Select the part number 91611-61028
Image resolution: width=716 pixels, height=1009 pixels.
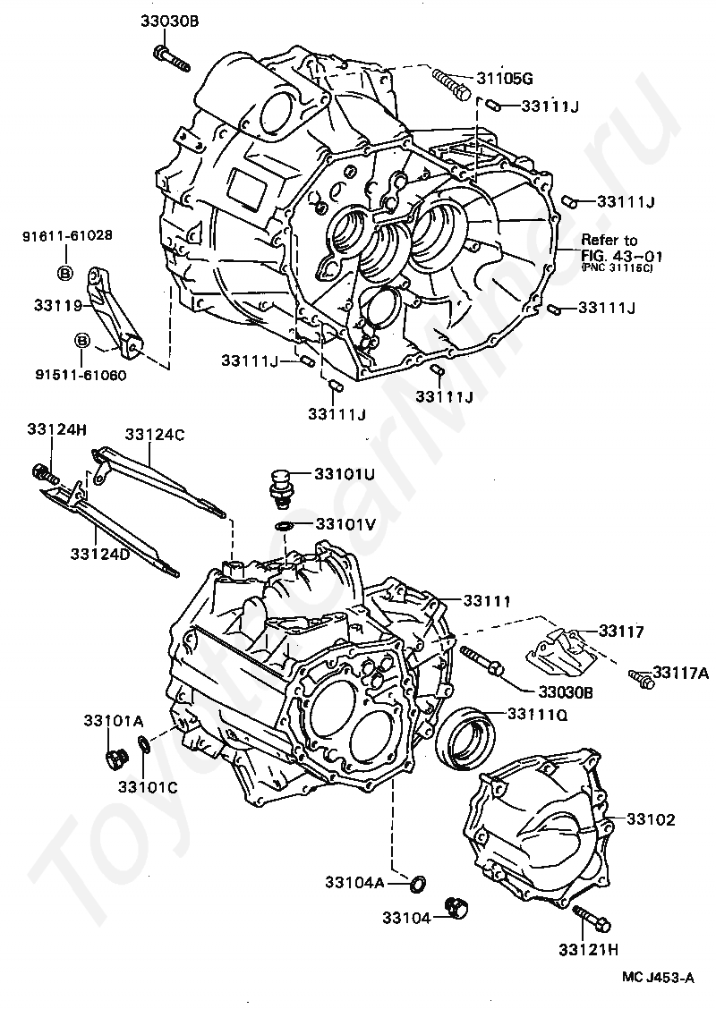pyautogui.click(x=68, y=236)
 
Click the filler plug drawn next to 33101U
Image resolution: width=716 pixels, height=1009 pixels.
pyautogui.click(x=283, y=485)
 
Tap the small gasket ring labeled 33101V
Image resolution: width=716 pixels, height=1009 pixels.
pyautogui.click(x=282, y=525)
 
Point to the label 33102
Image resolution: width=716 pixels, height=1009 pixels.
pyautogui.click(x=651, y=818)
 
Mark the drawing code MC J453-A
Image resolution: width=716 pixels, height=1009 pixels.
pyautogui.click(x=659, y=979)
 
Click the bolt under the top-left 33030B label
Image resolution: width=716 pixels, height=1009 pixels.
pyautogui.click(x=173, y=59)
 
